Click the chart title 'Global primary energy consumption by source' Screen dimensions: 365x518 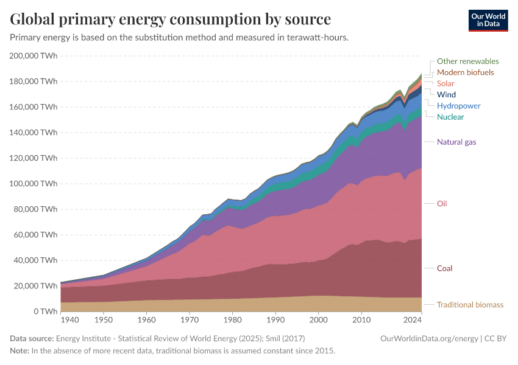[x=171, y=19]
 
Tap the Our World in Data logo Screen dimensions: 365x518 [x=488, y=20]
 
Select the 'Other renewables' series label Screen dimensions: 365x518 [x=467, y=61]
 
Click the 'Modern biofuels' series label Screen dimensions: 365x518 [x=465, y=72]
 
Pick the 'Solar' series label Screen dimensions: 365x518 [x=445, y=83]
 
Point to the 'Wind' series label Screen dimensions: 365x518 [x=446, y=95]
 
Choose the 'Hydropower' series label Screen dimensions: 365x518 [x=458, y=106]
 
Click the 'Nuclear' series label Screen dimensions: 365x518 [x=450, y=117]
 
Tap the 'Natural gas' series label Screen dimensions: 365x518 [x=456, y=142]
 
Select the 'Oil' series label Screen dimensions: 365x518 [x=442, y=204]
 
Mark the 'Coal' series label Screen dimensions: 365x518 [x=444, y=268]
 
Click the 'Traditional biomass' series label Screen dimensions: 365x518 [x=470, y=305]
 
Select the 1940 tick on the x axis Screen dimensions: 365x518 [x=69, y=319]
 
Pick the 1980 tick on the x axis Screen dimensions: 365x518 [x=232, y=319]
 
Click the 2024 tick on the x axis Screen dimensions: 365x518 [x=413, y=319]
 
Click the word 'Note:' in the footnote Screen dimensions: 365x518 [x=20, y=351]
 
